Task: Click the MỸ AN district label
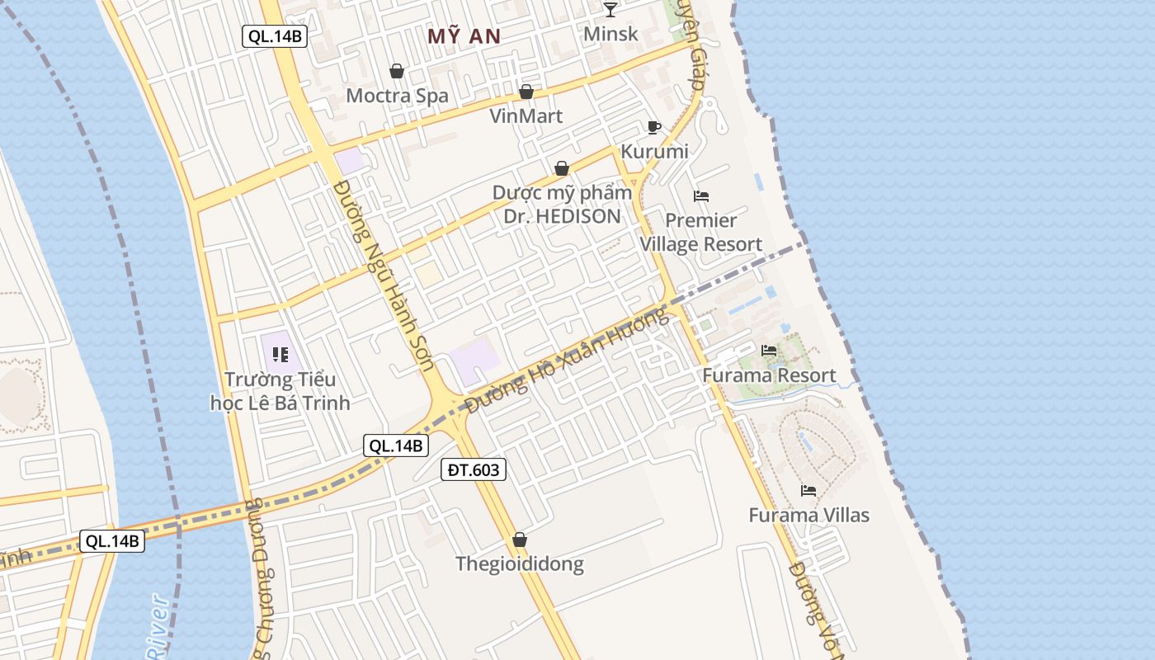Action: tap(464, 35)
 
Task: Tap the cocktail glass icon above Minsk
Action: tap(610, 9)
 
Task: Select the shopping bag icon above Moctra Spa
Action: tap(397, 71)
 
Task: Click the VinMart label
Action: tap(526, 115)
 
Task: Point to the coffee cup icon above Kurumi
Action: tap(654, 127)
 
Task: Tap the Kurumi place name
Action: tap(654, 152)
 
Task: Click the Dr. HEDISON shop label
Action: tap(562, 205)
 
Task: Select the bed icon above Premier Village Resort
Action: tap(701, 196)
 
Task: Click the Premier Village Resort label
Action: tap(701, 233)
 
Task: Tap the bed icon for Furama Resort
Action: tap(769, 351)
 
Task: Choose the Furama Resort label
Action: tap(769, 376)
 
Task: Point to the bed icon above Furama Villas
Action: tap(808, 490)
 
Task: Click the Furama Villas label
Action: tap(808, 516)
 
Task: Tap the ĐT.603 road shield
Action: tap(473, 469)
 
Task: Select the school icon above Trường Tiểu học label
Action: tap(280, 355)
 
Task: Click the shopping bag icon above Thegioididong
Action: tap(520, 540)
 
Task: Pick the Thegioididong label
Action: tap(520, 564)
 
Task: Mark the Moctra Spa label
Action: tap(397, 96)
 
